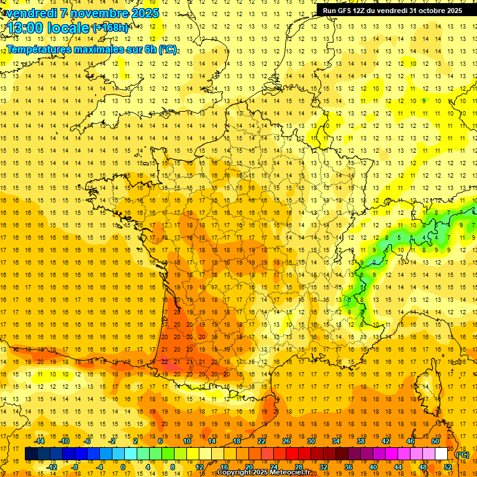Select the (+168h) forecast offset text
pyautogui.click(x=111, y=27)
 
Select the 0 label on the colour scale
pyautogui.click(x=123, y=467)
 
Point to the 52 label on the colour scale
pyautogui.click(x=448, y=467)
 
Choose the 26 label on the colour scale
pyautogui.click(x=286, y=441)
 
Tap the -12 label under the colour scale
pyautogui.click(x=52, y=467)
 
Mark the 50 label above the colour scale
pyautogui.click(x=435, y=441)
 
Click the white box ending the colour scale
pyautogui.click(x=442, y=454)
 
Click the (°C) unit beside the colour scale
pyautogui.click(x=463, y=455)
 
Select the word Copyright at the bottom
pyautogui.click(x=235, y=473)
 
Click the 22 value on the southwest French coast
pyautogui.click(x=165, y=361)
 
